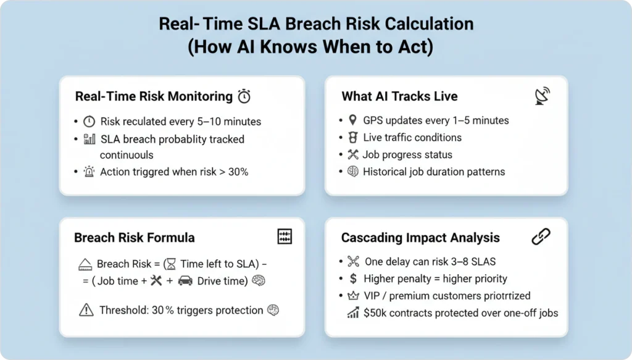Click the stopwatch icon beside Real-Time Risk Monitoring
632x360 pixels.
tap(244, 96)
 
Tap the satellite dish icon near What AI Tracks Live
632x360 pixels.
tap(542, 96)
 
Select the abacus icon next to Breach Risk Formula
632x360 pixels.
tap(285, 237)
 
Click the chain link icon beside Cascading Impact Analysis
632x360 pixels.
tap(541, 237)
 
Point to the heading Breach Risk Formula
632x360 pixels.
tap(135, 238)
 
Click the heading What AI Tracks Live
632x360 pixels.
tap(399, 96)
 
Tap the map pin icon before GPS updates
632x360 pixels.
tap(352, 120)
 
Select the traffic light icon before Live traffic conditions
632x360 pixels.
tap(352, 137)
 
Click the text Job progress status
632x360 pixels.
tap(407, 154)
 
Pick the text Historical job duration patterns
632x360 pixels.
tap(434, 172)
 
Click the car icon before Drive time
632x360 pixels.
tap(185, 281)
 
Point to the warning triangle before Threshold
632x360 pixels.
tap(86, 310)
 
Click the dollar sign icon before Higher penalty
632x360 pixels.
tap(352, 278)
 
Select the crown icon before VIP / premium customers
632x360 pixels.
tap(352, 296)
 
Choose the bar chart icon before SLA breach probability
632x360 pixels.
tap(89, 139)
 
